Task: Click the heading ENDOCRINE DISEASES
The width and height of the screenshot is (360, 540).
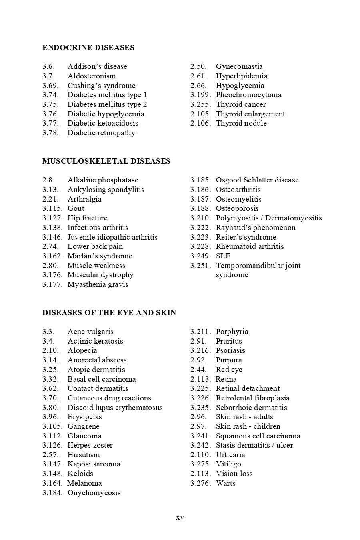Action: click(88, 48)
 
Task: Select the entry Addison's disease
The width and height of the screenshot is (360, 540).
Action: click(97, 66)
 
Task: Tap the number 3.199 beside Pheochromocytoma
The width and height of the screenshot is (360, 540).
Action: click(200, 95)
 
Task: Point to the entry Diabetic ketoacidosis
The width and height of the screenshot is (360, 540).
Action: click(103, 123)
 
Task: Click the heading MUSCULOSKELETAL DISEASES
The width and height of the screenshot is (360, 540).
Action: click(106, 161)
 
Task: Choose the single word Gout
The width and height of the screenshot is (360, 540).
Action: click(76, 208)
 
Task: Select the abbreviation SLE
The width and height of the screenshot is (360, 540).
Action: click(223, 256)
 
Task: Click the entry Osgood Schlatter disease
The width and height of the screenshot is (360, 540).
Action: click(257, 180)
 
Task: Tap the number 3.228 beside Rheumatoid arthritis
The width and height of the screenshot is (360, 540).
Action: click(200, 246)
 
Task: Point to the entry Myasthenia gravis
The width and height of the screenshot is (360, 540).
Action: click(98, 284)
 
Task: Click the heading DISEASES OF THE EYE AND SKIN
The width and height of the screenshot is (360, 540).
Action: click(109, 313)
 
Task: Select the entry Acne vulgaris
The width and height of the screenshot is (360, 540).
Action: click(90, 332)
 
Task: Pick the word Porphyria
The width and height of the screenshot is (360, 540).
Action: click(232, 332)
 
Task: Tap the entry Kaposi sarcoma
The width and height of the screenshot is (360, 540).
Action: click(94, 464)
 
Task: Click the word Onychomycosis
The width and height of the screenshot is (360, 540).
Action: click(94, 493)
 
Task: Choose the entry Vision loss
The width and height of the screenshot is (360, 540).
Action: click(234, 474)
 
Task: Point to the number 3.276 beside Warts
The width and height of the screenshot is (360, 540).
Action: click(200, 483)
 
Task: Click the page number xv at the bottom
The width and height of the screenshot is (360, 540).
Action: click(180, 518)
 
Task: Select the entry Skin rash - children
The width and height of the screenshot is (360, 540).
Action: click(248, 426)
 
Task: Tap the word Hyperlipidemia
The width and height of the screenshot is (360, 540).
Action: click(242, 76)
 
